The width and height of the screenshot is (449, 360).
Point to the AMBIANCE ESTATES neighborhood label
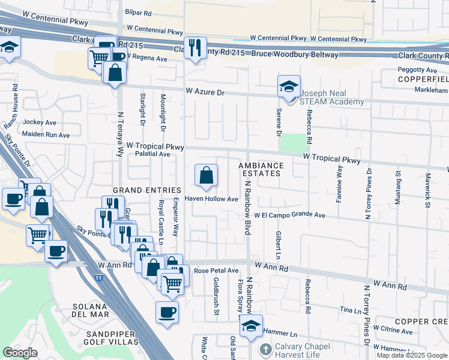coord(260,169)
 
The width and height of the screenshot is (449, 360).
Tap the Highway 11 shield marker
coord(98,278)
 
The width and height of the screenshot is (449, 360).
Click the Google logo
coord(20,353)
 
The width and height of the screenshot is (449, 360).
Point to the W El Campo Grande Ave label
coord(289,215)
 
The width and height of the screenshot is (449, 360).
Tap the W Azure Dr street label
coord(205,92)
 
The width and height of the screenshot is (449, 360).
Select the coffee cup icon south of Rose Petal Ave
coord(167,312)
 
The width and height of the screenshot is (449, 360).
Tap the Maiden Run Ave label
coord(46,135)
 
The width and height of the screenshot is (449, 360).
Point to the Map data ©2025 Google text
coord(411,355)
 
